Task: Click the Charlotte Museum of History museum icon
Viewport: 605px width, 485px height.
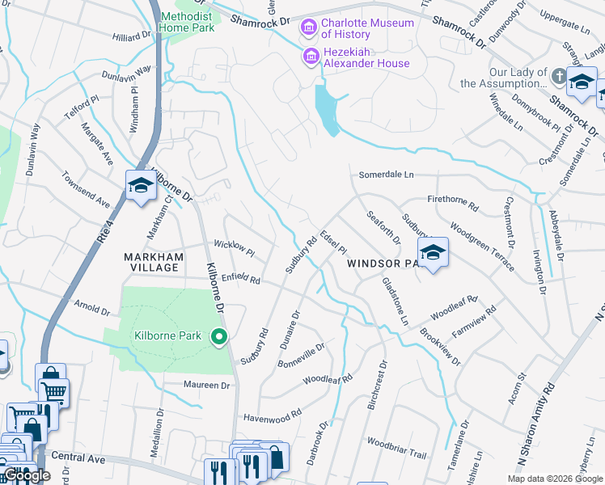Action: tap(308, 29)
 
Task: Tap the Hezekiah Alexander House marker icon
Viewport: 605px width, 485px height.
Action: tap(308, 57)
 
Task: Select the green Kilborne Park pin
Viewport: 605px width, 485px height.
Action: tap(218, 336)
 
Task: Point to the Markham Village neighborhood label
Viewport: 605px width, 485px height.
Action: tap(150, 262)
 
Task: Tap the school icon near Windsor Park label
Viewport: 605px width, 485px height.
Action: tap(433, 253)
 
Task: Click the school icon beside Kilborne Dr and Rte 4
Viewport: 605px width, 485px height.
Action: tap(141, 185)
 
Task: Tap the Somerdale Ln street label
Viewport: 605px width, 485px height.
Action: tap(387, 175)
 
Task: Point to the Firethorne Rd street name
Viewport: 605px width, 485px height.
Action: tap(452, 201)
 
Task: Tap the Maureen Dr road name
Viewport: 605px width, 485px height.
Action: tap(206, 385)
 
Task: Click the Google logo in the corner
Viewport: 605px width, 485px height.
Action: tap(27, 476)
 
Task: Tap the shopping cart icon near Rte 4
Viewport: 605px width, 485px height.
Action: tap(53, 392)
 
